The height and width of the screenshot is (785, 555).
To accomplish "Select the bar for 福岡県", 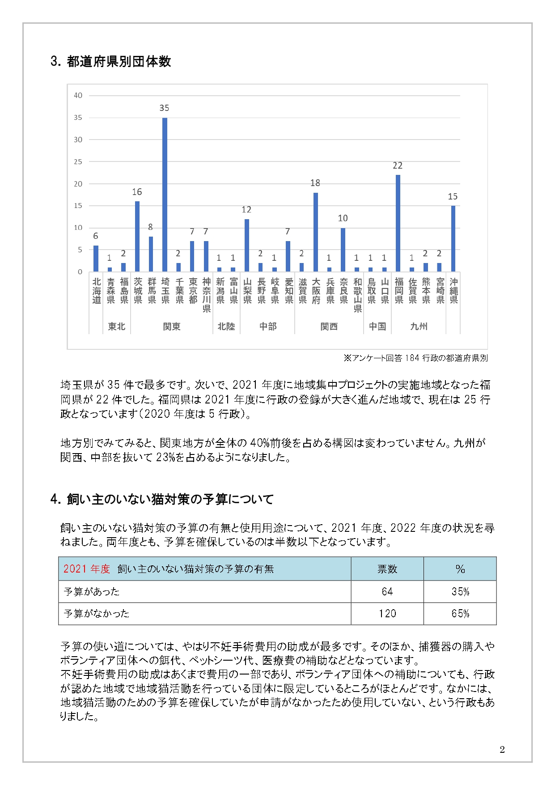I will (x=398, y=223).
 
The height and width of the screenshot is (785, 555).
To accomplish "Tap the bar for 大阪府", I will (x=316, y=232).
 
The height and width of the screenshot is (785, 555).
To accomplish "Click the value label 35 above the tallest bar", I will (x=164, y=108).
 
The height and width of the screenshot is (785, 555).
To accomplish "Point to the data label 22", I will (x=398, y=166).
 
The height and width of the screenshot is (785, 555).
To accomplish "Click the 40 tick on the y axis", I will (x=78, y=95).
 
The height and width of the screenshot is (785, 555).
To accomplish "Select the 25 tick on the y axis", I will (x=78, y=162).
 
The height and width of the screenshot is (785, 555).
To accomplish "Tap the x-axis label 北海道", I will (x=97, y=291).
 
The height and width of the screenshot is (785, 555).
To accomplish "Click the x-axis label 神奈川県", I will (x=207, y=295).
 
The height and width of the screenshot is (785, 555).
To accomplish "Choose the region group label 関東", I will (x=171, y=327).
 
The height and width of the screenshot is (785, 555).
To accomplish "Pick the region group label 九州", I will (x=419, y=327).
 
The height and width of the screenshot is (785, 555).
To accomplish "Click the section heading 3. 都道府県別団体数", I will (x=111, y=61).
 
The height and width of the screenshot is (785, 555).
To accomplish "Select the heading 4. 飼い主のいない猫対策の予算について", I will (x=162, y=499).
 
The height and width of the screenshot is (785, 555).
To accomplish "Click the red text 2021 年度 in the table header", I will (x=87, y=569).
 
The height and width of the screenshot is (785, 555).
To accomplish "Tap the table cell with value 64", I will (x=387, y=592).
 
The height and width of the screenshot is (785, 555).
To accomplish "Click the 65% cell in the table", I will (x=460, y=614).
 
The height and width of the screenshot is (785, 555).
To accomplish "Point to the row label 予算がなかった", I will (x=97, y=614).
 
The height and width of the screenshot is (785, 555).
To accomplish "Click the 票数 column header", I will (x=387, y=569).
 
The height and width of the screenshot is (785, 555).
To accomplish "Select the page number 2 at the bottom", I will (x=502, y=750).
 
